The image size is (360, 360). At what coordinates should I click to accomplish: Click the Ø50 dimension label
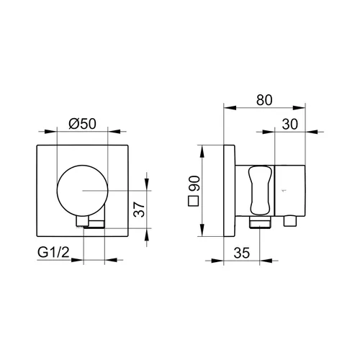click(x=82, y=124)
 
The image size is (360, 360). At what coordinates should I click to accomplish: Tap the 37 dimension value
click(x=139, y=210)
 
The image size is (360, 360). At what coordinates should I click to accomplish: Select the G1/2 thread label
click(x=53, y=252)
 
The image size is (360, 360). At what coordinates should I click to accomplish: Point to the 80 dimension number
click(x=264, y=100)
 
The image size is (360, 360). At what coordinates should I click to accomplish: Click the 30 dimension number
click(x=290, y=124)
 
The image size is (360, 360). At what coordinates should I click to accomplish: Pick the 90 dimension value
click(x=194, y=184)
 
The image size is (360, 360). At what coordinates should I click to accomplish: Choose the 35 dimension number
click(x=242, y=253)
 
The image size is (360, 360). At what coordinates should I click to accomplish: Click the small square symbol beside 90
click(x=193, y=202)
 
